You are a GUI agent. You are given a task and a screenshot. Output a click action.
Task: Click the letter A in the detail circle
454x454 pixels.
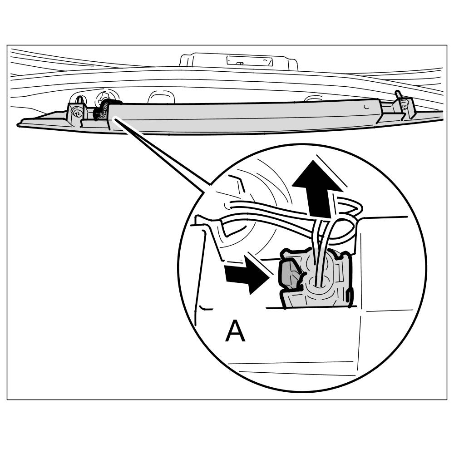[235, 332]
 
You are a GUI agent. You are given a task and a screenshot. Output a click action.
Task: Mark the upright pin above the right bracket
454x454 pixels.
[399, 95]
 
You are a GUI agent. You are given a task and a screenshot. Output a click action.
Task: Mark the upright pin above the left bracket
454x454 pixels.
[79, 99]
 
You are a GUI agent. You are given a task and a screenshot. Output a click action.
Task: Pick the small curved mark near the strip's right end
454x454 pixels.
[366, 107]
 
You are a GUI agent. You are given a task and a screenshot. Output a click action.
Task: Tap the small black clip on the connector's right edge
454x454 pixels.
[348, 297]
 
